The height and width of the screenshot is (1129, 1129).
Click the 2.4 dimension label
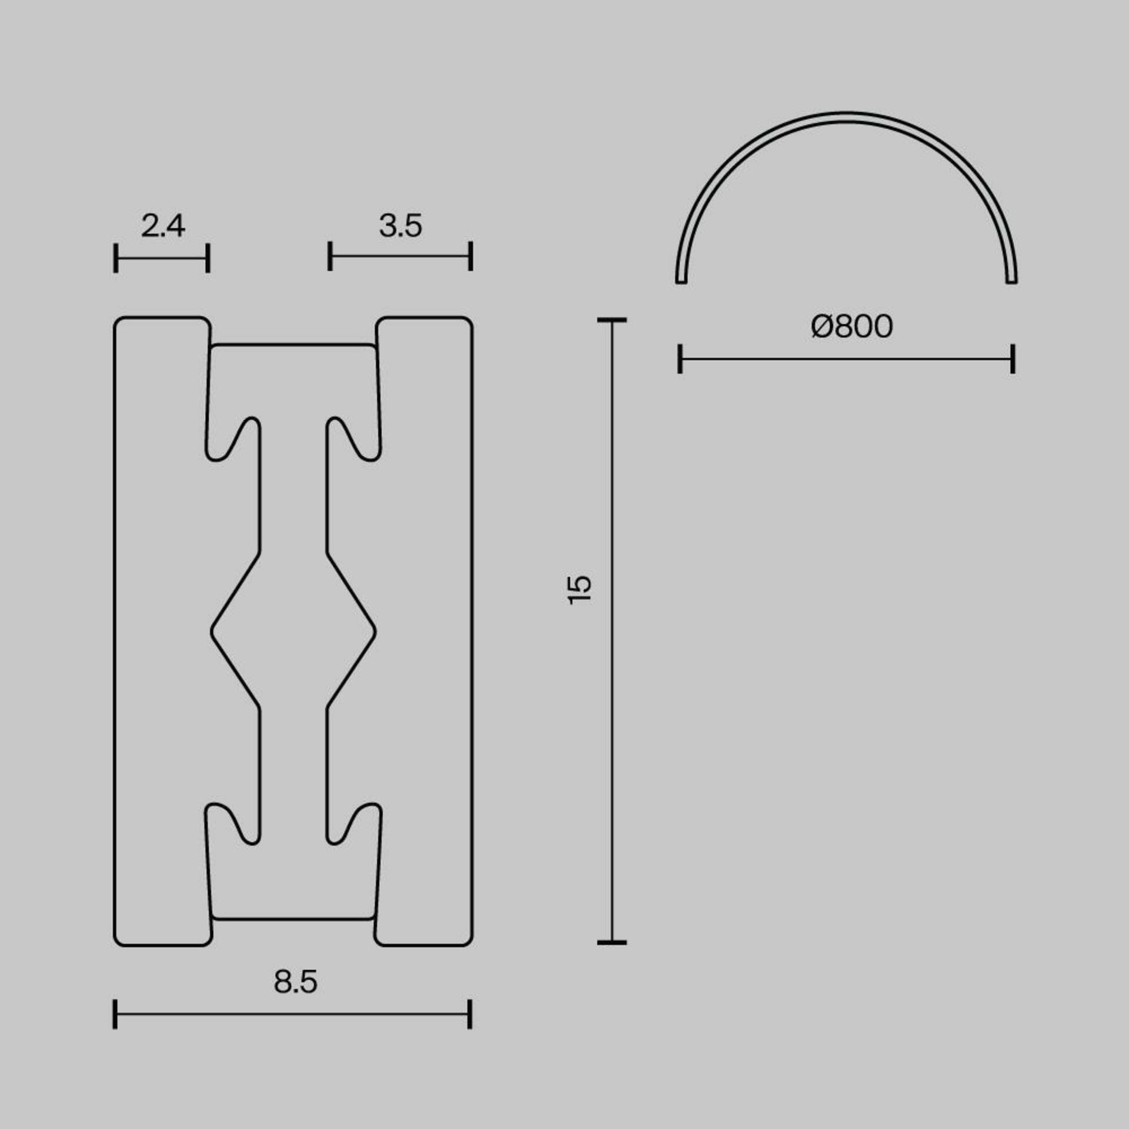point(163,226)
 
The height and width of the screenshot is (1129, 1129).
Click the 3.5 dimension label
point(400,226)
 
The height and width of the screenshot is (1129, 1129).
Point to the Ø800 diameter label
point(851,326)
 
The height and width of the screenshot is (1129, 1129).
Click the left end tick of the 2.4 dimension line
point(116,258)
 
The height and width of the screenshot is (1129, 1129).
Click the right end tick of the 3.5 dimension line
point(470,256)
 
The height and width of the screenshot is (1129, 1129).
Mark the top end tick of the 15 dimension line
point(612,320)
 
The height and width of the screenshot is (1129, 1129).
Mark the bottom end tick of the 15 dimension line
point(612,943)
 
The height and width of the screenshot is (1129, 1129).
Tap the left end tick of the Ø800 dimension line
point(680,359)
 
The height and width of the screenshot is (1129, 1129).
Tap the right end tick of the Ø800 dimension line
point(1013,359)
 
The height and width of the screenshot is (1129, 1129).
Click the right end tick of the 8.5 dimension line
point(470,1014)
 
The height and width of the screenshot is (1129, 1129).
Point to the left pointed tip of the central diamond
point(212,632)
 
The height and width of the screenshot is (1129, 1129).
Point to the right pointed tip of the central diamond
point(375,632)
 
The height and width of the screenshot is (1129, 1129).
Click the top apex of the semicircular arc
point(846,116)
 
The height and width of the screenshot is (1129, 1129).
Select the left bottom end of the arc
point(682,280)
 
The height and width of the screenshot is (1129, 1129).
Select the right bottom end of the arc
point(1011,280)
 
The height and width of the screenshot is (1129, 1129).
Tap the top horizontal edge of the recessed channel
point(293,345)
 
